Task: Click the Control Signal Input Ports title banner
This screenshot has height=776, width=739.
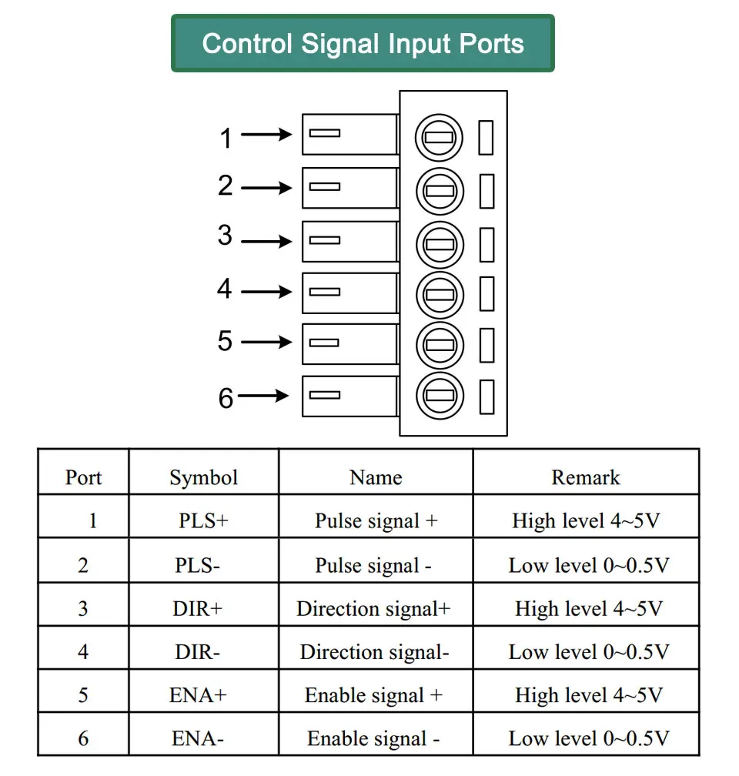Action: click(363, 43)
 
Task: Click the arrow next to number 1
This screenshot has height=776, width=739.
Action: click(266, 134)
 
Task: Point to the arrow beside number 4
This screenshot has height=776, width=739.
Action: click(266, 292)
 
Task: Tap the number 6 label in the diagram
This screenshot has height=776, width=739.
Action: click(226, 398)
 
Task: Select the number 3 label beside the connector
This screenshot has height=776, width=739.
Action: click(225, 235)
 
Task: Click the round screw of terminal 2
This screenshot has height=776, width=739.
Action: click(440, 191)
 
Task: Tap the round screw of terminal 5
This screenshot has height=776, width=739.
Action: click(440, 345)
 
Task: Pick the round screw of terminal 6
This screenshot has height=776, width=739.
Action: click(440, 396)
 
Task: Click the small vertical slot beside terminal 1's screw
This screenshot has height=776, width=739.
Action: click(486, 138)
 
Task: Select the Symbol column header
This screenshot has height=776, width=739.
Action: click(203, 477)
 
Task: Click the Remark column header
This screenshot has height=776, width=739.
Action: click(586, 477)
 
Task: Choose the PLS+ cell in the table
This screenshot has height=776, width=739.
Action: click(203, 520)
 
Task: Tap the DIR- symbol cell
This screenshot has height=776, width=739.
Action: click(197, 652)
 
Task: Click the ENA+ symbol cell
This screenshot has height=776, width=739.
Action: click(198, 695)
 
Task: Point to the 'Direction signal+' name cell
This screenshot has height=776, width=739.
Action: click(373, 609)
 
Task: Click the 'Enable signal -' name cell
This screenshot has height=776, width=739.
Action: click(373, 739)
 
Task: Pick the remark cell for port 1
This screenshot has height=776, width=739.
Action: click(586, 520)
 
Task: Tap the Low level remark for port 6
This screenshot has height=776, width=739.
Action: click(589, 739)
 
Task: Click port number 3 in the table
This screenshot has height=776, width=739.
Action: click(83, 609)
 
